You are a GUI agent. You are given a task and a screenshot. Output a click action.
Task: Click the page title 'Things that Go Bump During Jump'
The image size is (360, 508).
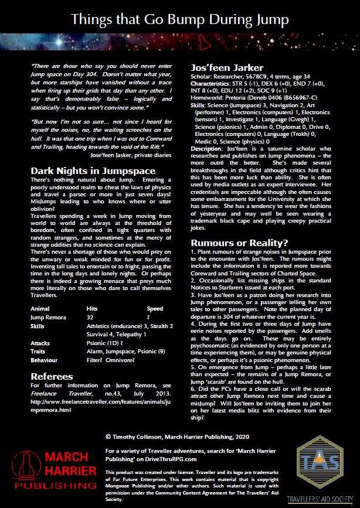[x=179, y=20]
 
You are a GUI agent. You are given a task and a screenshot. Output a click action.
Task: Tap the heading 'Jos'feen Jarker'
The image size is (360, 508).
[x=224, y=68]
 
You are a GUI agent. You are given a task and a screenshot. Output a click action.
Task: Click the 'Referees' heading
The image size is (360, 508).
[x=52, y=359]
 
